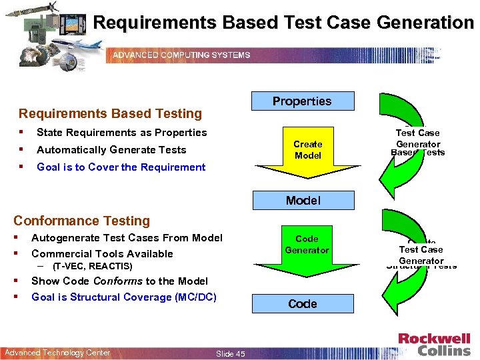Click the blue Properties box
(x=302, y=101)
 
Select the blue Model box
(x=303, y=200)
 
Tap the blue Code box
(x=302, y=303)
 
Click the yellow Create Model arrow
(x=307, y=151)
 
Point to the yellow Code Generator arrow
(x=307, y=246)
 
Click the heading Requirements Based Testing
(x=110, y=114)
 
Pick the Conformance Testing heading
(x=82, y=221)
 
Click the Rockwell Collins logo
(x=434, y=344)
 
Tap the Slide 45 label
(x=231, y=353)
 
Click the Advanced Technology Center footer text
(x=57, y=353)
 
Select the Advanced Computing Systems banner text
(x=181, y=55)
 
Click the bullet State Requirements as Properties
(x=121, y=133)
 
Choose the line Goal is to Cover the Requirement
(x=121, y=167)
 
